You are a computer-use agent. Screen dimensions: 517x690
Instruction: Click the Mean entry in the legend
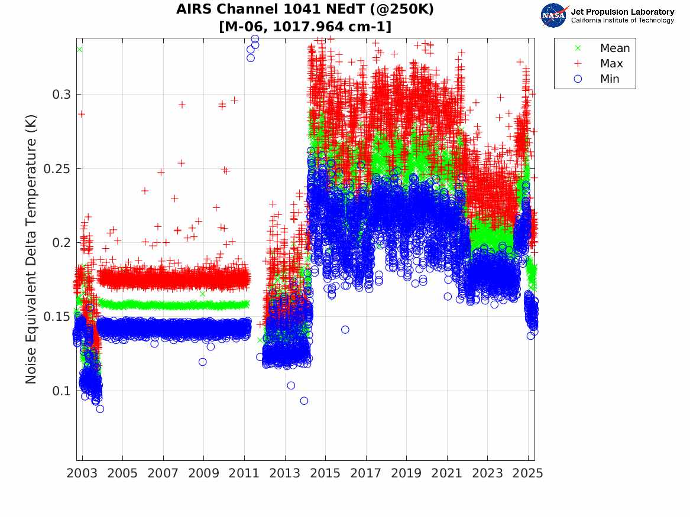point(614,48)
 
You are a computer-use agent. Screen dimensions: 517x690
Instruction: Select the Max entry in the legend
point(611,64)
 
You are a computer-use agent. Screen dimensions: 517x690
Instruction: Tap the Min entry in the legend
point(610,79)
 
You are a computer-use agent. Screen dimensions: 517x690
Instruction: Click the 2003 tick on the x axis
point(82,473)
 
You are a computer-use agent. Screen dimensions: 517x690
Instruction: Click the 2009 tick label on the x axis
point(204,473)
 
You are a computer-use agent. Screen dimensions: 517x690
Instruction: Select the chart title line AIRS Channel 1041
point(305,10)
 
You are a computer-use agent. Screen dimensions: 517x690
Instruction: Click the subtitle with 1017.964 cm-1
point(305,27)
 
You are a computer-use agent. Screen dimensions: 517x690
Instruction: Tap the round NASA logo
point(553,15)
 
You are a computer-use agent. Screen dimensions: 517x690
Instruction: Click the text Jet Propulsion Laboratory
point(622,12)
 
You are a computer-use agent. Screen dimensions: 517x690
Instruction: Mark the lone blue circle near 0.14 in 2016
point(345,330)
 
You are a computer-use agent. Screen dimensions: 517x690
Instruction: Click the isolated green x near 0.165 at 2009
point(203,294)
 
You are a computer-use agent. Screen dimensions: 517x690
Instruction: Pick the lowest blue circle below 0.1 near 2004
point(100,409)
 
